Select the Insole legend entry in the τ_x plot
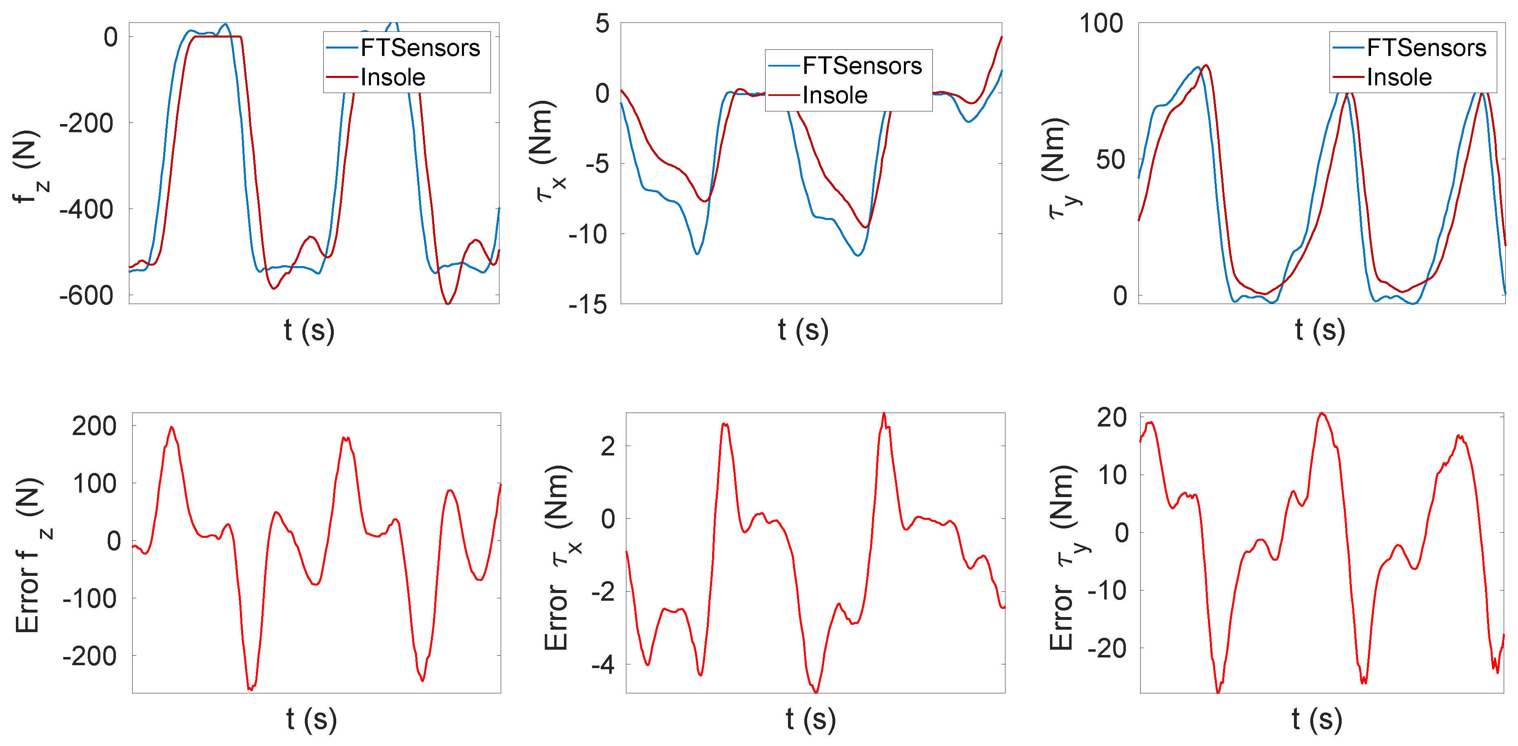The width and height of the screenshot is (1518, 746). [834, 95]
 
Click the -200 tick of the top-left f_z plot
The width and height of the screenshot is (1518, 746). [87, 124]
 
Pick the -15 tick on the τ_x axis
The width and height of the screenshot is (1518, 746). [588, 305]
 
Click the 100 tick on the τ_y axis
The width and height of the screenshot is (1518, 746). [1100, 24]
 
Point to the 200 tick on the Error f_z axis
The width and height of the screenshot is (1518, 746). [94, 426]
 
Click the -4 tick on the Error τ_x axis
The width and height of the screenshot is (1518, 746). [603, 665]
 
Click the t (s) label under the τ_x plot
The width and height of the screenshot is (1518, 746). [803, 330]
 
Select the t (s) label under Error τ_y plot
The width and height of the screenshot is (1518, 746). [1316, 719]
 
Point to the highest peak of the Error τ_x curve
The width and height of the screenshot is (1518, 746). [883, 414]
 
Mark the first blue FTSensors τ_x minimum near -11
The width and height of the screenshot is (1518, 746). [697, 254]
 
